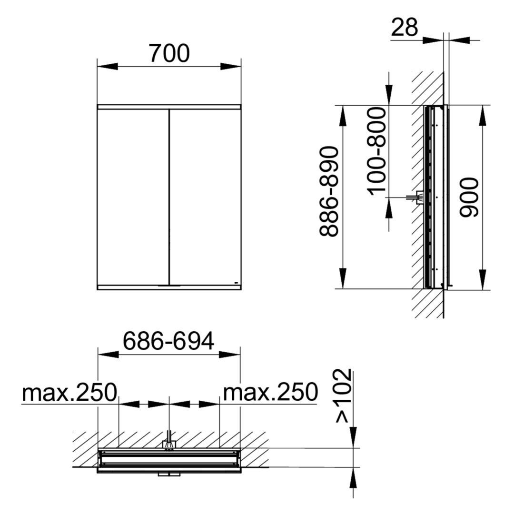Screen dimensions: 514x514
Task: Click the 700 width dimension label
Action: click(169, 53)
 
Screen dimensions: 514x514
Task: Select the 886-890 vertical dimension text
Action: click(329, 191)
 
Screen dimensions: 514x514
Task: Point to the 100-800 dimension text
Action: click(377, 151)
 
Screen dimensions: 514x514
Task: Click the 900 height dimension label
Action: click(469, 198)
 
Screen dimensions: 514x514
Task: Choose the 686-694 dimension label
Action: click(168, 341)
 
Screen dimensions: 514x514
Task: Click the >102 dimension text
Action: click(344, 396)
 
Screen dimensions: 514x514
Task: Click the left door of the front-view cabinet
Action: click(133, 197)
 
